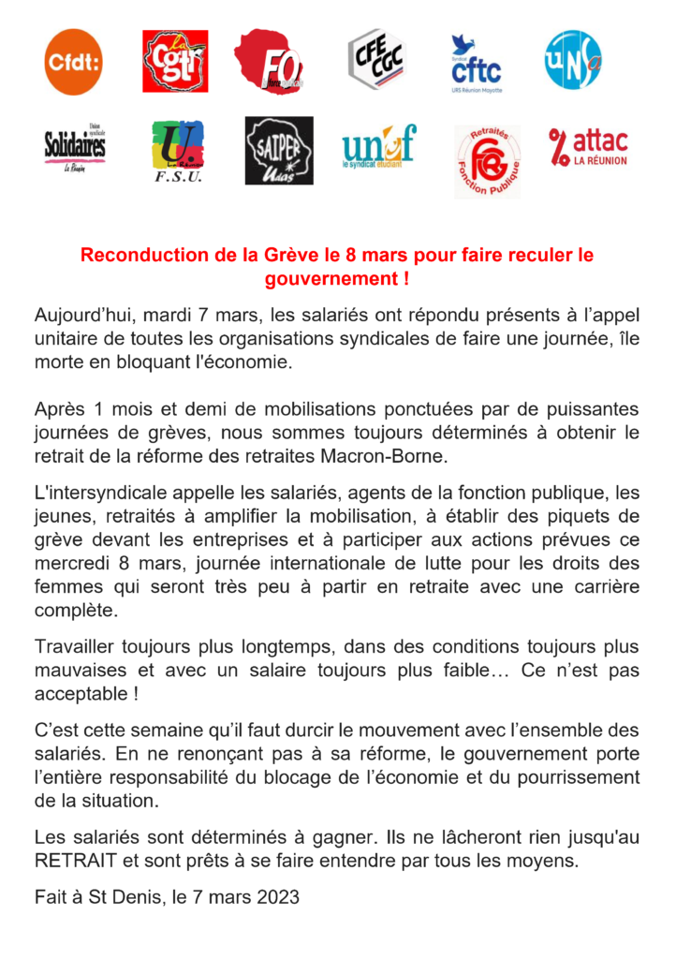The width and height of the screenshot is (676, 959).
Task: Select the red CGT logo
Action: [x=175, y=61]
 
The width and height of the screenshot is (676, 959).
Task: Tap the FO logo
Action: [x=272, y=61]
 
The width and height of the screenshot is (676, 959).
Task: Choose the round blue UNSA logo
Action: [x=574, y=59]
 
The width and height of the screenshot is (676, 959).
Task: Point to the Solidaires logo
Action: [x=75, y=149]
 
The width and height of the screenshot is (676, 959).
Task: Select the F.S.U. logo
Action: [x=178, y=151]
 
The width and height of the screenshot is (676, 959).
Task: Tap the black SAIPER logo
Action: [x=278, y=150]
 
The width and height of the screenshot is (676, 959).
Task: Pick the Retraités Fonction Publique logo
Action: [x=487, y=160]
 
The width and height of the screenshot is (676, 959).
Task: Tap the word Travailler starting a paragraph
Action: [x=75, y=647]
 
